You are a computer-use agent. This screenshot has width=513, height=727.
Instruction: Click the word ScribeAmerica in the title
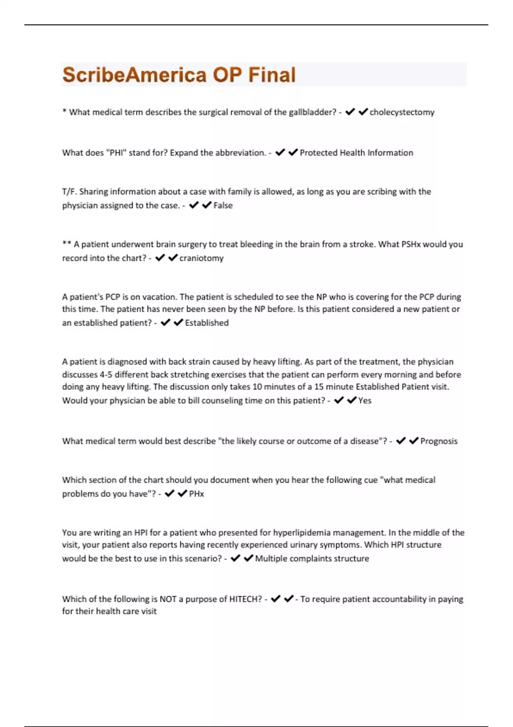(x=135, y=75)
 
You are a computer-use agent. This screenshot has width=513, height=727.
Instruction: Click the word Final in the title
(x=272, y=75)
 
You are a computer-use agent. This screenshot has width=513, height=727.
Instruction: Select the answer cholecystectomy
(x=402, y=112)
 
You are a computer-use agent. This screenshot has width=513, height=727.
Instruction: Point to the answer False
(x=223, y=205)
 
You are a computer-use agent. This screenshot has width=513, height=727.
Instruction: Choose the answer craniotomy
(x=201, y=258)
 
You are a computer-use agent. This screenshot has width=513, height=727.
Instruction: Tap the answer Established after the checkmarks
(x=207, y=323)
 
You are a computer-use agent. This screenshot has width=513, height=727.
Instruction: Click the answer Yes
(x=365, y=400)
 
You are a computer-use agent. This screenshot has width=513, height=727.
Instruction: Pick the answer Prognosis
(x=439, y=441)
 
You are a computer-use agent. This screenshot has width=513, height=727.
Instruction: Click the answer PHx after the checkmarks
(x=197, y=494)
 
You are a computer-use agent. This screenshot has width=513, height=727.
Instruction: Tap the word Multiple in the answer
(x=271, y=559)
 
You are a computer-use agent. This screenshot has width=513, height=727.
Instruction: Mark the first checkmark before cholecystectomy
(x=350, y=112)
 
